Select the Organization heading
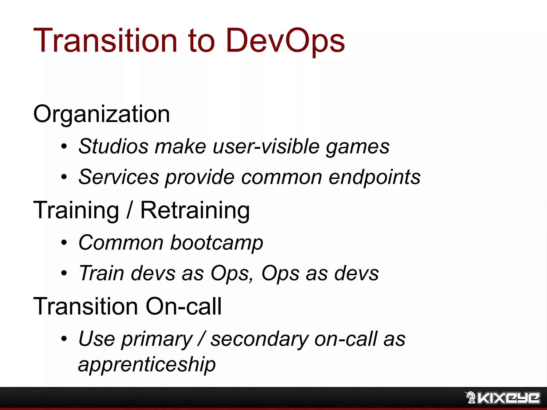[x=101, y=114]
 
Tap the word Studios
[x=113, y=146]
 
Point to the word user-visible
[x=266, y=146]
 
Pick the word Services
[x=119, y=177]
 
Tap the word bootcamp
[x=217, y=243]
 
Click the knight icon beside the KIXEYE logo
[x=471, y=397]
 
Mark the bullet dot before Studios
[x=64, y=147]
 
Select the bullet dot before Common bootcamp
[x=64, y=243]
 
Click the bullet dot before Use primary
[x=64, y=339]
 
